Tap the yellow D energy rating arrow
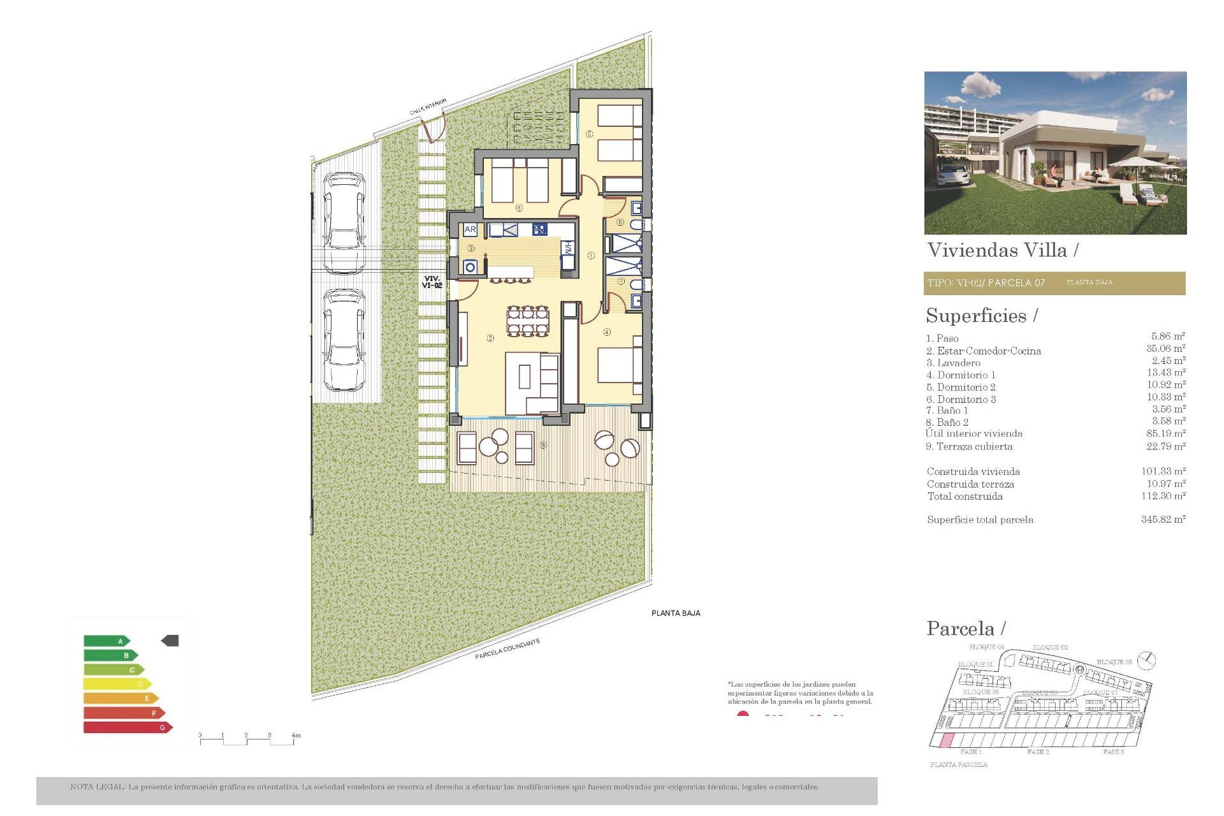117,684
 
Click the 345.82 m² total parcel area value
1163,520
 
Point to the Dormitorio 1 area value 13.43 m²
1165,373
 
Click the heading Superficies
976,316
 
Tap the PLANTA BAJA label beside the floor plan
676,613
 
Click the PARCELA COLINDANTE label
507,649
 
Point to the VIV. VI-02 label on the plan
432,282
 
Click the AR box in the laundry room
470,229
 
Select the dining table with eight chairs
528,321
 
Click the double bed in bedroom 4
618,366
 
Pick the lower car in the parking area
344,340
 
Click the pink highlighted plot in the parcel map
947,741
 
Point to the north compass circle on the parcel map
1147,660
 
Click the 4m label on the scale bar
296,736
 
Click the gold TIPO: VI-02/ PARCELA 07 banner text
986,283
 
